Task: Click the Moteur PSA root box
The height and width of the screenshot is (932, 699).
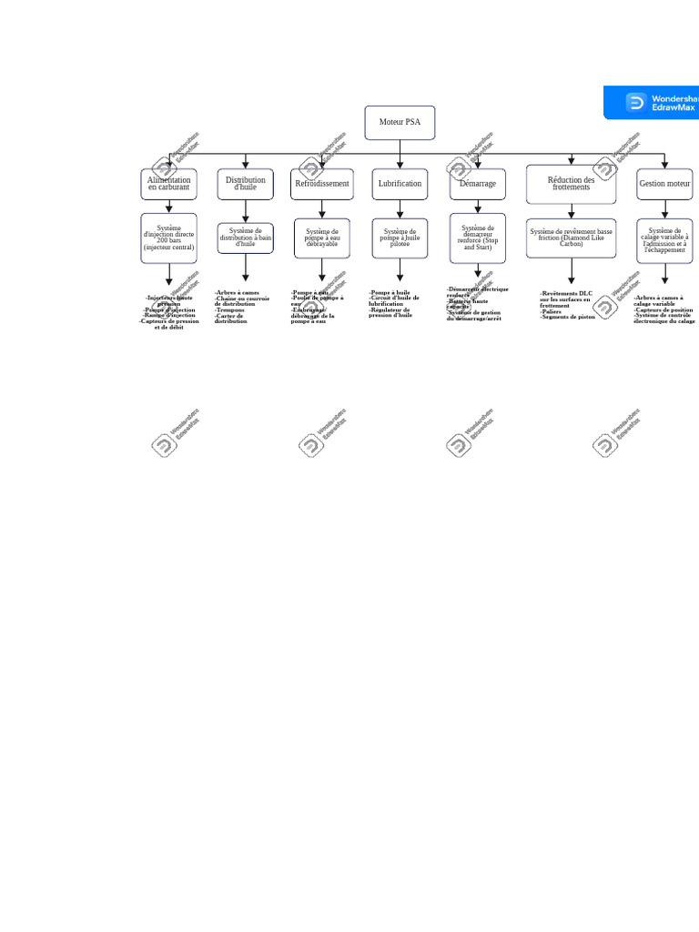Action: (400, 123)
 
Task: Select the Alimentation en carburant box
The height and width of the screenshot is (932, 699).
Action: (168, 184)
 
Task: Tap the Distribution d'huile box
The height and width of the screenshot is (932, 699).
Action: (246, 184)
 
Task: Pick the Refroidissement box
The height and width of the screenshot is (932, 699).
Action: (322, 184)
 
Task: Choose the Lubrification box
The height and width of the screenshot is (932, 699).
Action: (400, 184)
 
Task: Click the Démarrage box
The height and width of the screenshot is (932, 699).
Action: (478, 184)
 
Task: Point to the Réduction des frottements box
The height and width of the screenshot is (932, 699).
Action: (571, 184)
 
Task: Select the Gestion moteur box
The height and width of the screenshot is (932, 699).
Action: (664, 184)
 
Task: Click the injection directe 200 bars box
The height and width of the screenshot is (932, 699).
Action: (168, 238)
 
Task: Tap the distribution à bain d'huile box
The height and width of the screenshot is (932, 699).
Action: (246, 238)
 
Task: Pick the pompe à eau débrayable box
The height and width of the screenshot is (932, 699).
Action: (322, 238)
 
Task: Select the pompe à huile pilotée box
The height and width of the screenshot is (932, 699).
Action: (400, 238)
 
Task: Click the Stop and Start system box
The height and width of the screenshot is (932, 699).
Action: (478, 238)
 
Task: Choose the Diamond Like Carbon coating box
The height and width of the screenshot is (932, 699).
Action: (571, 238)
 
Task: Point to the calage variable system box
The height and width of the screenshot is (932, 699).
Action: (664, 240)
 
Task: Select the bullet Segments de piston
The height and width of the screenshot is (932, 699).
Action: (567, 317)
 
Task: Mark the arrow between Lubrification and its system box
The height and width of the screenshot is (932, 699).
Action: (400, 209)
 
